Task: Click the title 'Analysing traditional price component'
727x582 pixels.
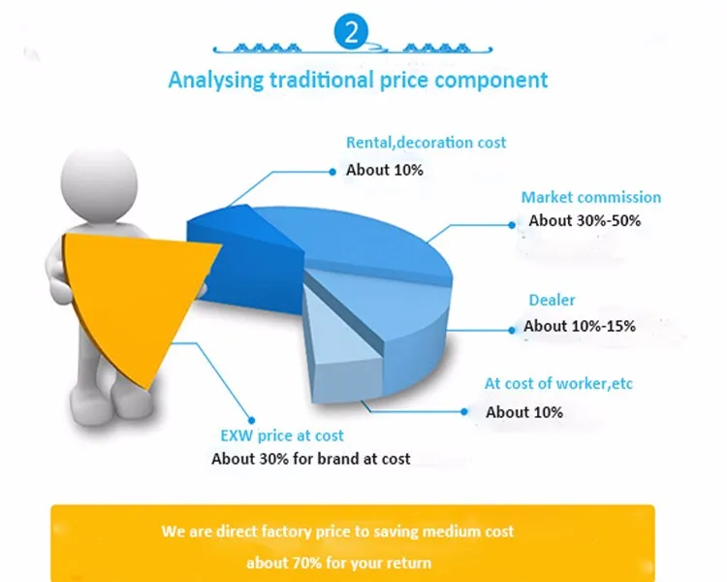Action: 358,80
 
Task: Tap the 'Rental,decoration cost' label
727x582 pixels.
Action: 426,143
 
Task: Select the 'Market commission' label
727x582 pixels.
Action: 590,197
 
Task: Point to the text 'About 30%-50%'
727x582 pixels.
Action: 585,220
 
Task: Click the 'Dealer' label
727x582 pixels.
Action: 552,301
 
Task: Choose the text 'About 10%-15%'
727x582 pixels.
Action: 580,326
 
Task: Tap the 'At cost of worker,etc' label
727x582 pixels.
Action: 558,384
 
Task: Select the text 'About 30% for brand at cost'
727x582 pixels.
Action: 310,458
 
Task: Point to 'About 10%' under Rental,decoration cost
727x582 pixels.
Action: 384,169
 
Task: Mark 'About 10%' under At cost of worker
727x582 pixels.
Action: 523,412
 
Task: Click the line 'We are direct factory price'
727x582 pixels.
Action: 337,532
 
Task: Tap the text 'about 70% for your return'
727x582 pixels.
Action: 337,563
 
